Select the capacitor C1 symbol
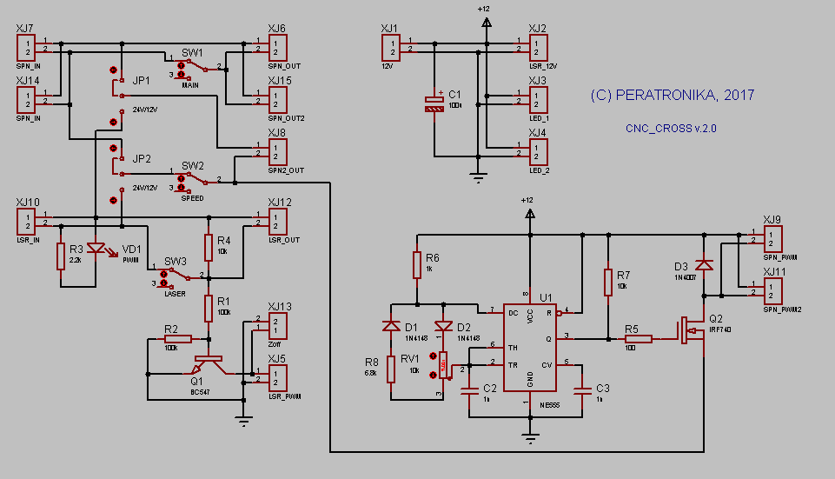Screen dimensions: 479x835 pyautogui.click(x=434, y=103)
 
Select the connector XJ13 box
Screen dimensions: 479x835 pyautogui.click(x=277, y=326)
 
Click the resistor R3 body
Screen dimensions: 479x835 pyautogui.click(x=61, y=256)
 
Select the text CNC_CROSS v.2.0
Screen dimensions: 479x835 pyautogui.click(x=671, y=128)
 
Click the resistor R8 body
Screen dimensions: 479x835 pyautogui.click(x=391, y=369)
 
